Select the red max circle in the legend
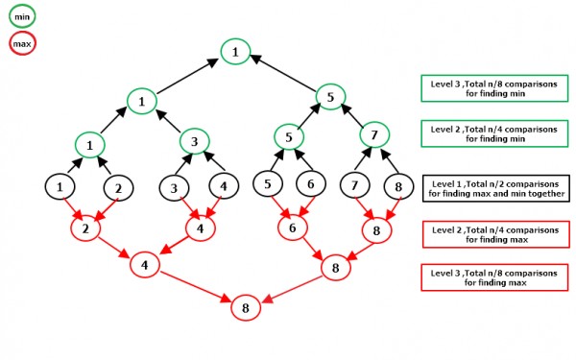[x=21, y=43]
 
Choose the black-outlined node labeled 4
[x=225, y=185]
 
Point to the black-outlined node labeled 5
[x=268, y=183]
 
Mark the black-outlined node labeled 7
[x=354, y=183]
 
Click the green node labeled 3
[x=195, y=142]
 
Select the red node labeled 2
[x=86, y=229]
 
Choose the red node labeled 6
[x=292, y=228]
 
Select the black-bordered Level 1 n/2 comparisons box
[x=493, y=187]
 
